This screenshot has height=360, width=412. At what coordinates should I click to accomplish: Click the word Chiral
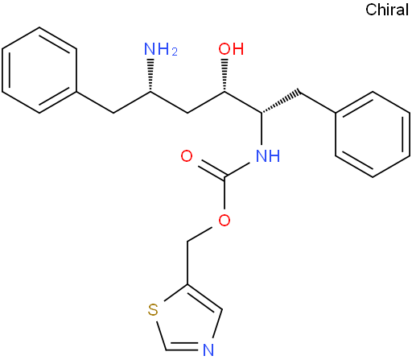(387, 10)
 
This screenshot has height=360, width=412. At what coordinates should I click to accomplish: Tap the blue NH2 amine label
(161, 49)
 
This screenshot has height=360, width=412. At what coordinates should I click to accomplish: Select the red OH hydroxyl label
(231, 49)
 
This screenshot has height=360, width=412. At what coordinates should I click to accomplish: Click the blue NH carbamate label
(268, 156)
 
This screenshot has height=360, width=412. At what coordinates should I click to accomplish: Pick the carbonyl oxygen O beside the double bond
(187, 156)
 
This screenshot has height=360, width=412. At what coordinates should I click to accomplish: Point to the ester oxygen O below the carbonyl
(225, 221)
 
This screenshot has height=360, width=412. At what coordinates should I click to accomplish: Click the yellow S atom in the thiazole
(153, 310)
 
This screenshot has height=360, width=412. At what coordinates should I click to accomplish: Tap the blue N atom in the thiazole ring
(208, 350)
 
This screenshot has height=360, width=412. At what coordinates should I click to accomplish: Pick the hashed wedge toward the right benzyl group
(280, 102)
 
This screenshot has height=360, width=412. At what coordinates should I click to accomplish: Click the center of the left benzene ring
(39, 70)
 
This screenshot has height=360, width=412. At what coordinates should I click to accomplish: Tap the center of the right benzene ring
(373, 134)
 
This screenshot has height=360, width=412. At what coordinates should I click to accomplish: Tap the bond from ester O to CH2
(200, 234)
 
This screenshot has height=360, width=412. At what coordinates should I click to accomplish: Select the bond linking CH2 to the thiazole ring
(187, 263)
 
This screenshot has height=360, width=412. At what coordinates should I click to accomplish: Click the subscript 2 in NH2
(175, 52)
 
